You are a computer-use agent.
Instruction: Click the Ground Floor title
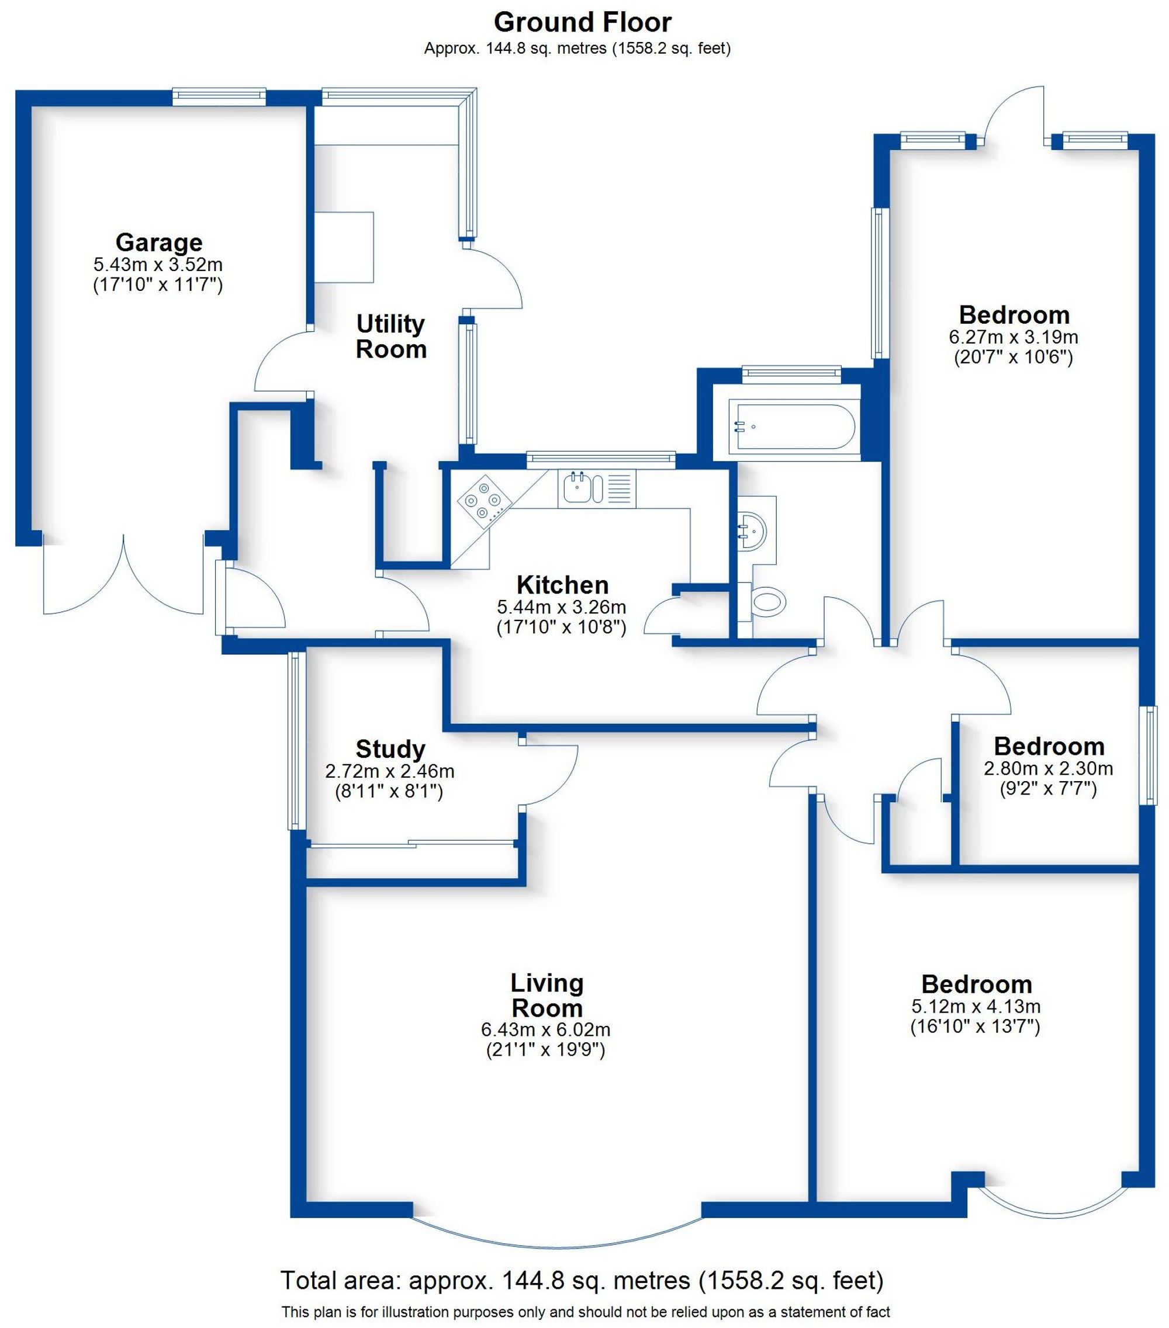(x=582, y=23)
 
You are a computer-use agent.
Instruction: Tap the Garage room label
(x=158, y=242)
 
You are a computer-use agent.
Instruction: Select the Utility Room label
(x=390, y=336)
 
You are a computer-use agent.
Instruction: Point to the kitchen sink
(x=577, y=488)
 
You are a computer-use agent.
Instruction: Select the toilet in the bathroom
(x=767, y=602)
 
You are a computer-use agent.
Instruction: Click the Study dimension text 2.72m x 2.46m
(x=389, y=771)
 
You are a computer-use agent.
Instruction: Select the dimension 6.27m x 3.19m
(x=1013, y=337)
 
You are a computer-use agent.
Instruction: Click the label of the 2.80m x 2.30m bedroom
(x=1049, y=746)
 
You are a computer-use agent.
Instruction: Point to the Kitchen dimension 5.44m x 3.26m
(x=562, y=608)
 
